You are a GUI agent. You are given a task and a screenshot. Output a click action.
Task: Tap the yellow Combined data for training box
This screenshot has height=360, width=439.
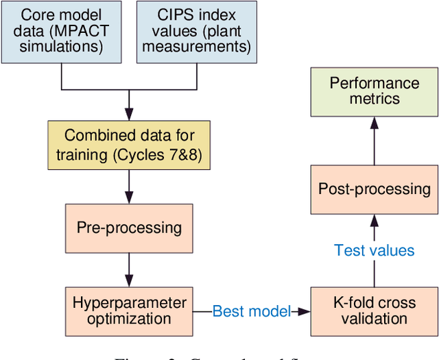point(128,145)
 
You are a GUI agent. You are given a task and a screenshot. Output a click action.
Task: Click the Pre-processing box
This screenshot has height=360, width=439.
point(128,227)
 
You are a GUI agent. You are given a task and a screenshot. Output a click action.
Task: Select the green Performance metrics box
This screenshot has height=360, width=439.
point(374,91)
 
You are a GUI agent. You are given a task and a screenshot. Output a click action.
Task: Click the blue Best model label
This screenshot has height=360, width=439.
point(251,311)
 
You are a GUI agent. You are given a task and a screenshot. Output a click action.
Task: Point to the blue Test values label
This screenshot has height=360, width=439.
point(374,250)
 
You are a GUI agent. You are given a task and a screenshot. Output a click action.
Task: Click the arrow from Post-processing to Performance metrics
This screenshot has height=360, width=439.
point(374,140)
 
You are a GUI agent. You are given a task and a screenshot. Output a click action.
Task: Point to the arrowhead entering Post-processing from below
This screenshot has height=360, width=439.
point(374,220)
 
